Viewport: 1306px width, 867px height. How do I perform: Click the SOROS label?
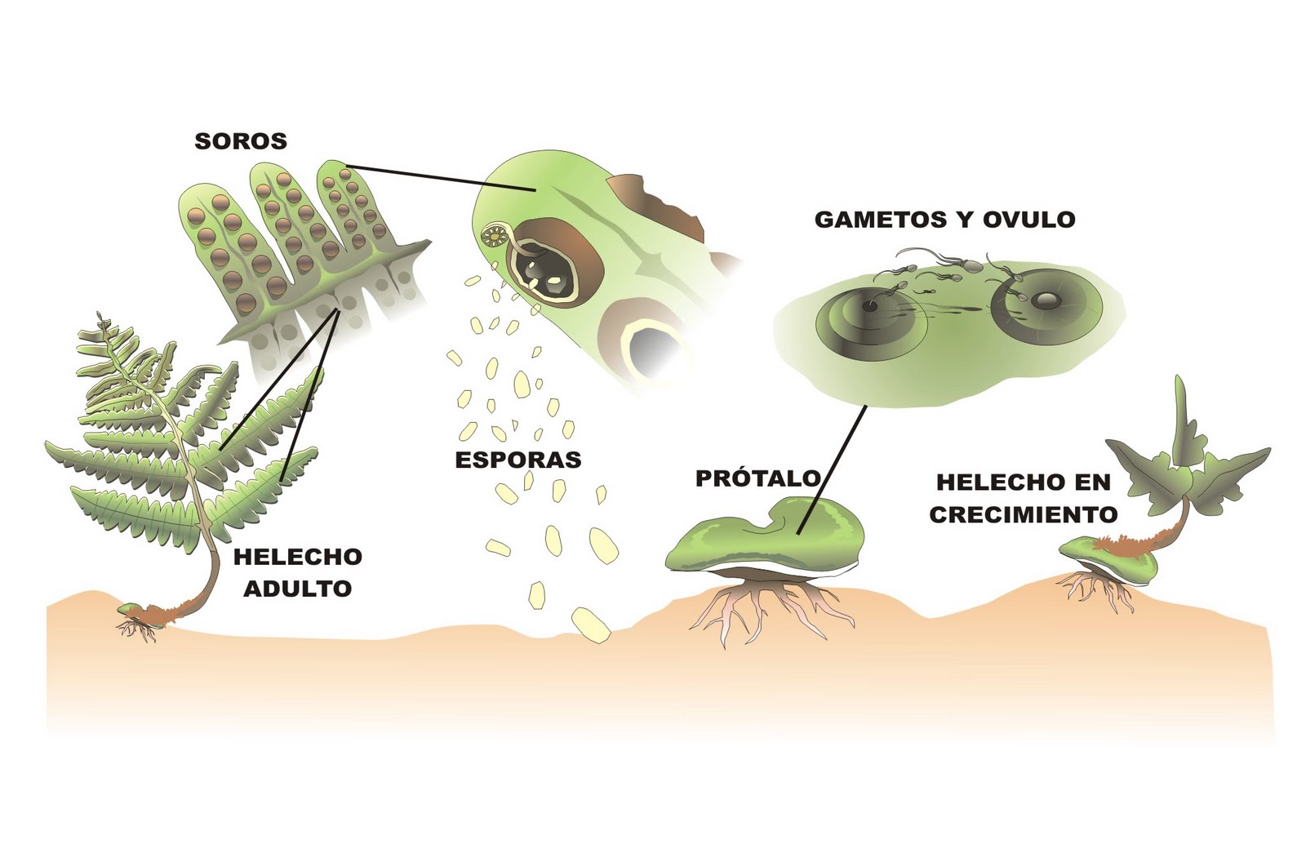(241, 141)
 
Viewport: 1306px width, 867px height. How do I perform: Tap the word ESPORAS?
(518, 460)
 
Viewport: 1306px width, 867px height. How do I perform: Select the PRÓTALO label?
(757, 478)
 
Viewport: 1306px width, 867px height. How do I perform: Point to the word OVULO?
(1028, 220)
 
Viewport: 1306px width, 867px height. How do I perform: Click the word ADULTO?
(298, 589)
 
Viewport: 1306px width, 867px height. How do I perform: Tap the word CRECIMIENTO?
(1023, 515)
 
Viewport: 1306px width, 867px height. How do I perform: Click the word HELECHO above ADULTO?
(298, 557)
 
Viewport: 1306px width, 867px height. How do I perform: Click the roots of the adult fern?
(137, 628)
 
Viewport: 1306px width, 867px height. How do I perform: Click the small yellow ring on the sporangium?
(493, 238)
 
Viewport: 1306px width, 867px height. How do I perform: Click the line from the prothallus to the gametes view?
(833, 469)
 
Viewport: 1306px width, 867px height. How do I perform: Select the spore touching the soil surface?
(591, 625)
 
